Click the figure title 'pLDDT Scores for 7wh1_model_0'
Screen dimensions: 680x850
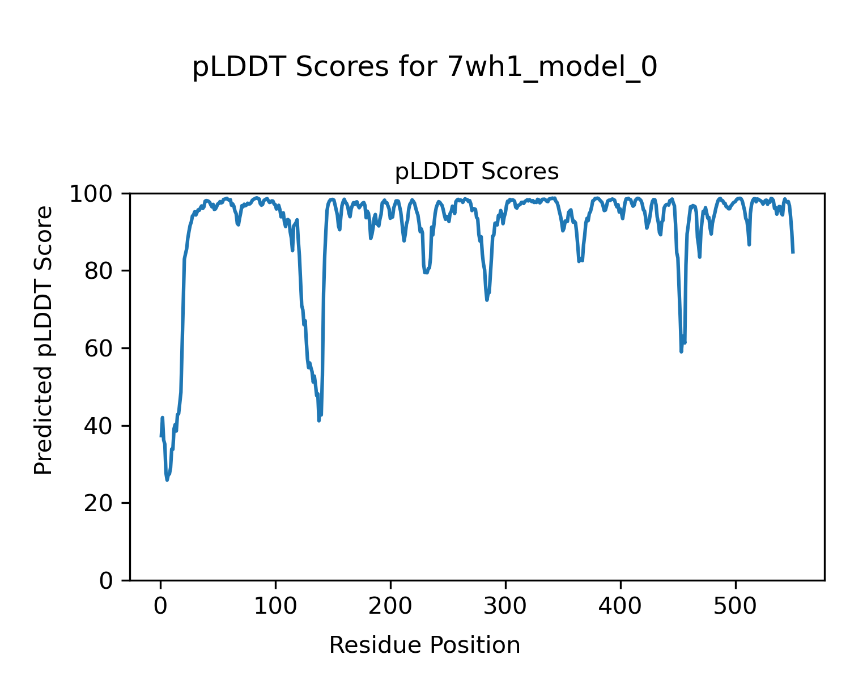(x=424, y=67)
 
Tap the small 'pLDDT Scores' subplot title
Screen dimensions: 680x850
(x=477, y=172)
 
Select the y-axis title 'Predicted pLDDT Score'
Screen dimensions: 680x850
(x=44, y=340)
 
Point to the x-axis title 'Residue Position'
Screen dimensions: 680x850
(x=424, y=645)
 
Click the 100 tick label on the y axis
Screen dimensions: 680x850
(x=92, y=194)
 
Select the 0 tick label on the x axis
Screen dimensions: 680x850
(x=161, y=606)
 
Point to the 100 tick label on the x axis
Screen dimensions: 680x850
(x=275, y=606)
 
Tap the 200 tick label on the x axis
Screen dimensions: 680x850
(x=390, y=606)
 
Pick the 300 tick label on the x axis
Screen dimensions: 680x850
(x=505, y=606)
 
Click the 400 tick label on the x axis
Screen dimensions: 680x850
(x=620, y=606)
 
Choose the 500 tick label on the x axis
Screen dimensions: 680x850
(x=736, y=606)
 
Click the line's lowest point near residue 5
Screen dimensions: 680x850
(x=167, y=480)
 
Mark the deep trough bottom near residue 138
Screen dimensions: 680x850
(x=319, y=420)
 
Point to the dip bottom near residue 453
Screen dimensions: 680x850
(x=681, y=352)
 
